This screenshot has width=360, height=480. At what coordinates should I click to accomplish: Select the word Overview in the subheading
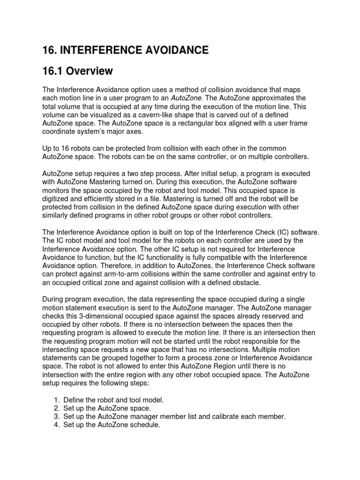[90, 71]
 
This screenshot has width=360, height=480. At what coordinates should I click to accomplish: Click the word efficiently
[100, 199]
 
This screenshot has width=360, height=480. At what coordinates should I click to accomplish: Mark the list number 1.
[56, 400]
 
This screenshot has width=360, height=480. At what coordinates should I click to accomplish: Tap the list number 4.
[56, 425]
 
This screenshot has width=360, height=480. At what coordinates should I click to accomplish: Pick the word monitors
[57, 190]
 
